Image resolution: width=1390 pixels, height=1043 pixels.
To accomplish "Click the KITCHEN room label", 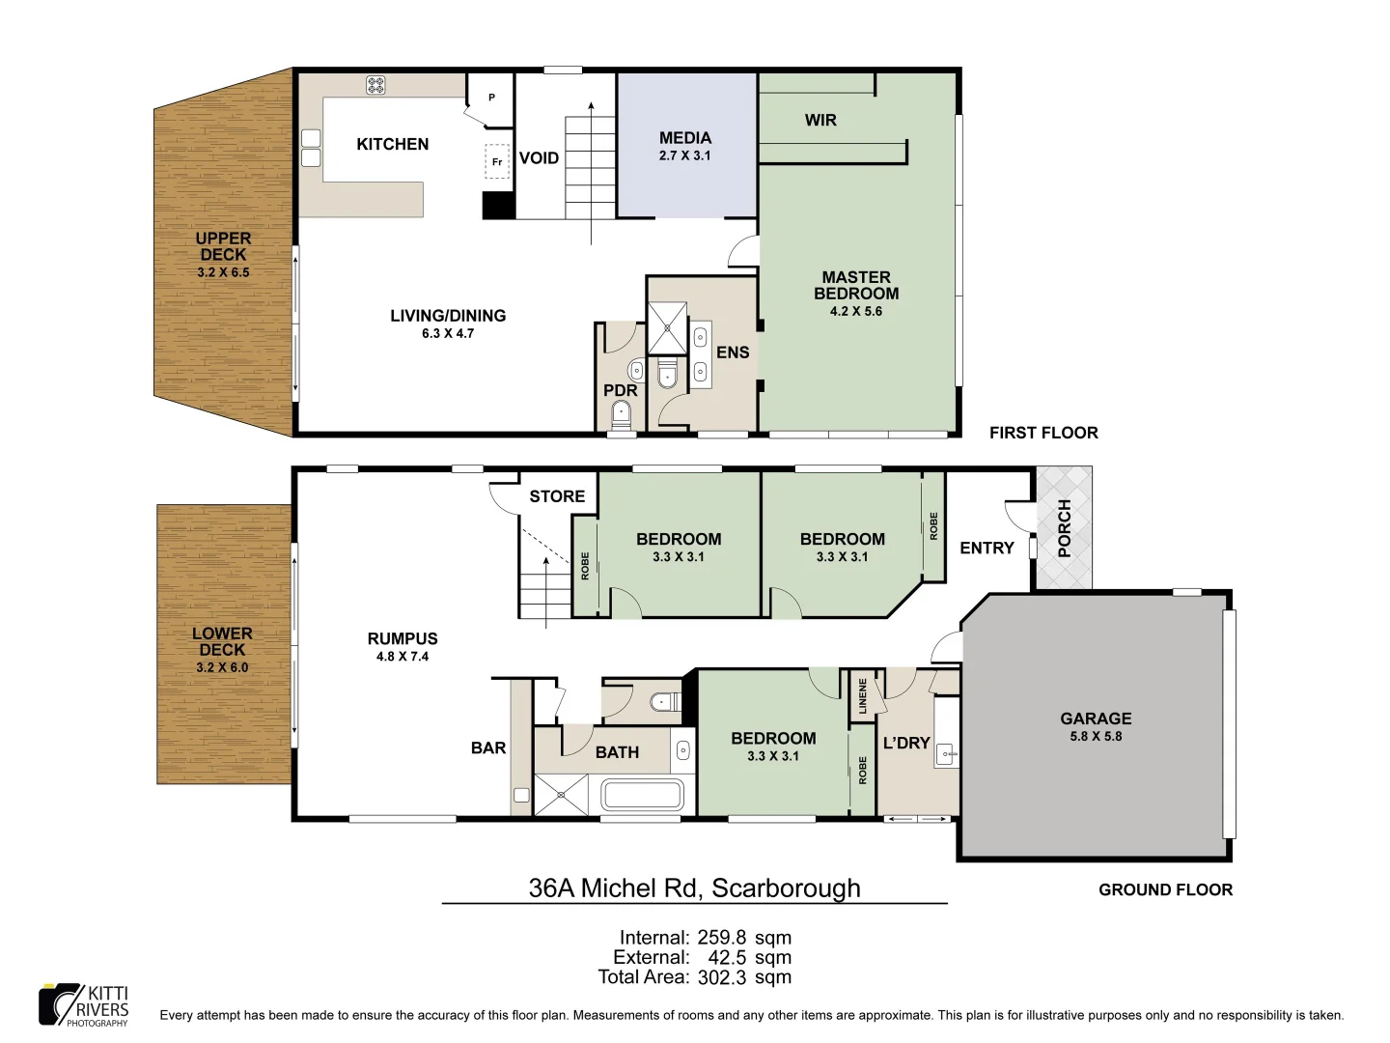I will [392, 144].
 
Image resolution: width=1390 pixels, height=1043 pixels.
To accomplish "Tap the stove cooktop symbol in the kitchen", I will [375, 87].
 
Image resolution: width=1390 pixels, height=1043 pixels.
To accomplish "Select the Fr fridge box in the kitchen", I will [496, 162].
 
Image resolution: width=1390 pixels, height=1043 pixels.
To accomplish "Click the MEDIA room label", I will [684, 138].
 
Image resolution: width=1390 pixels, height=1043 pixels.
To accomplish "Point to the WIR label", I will [820, 120].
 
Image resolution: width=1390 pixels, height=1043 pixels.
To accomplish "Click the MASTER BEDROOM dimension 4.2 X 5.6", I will [855, 311].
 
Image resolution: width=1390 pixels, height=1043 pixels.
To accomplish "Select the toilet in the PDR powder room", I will [621, 415].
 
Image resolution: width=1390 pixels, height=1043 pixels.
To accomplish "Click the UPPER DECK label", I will [223, 246].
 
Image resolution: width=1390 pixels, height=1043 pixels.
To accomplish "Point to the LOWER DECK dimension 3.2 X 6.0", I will [222, 667].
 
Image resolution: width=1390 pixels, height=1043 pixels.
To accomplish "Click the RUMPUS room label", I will [403, 638].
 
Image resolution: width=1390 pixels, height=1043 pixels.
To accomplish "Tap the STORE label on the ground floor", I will [557, 496].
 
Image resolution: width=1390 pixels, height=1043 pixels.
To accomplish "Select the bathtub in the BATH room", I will [642, 797].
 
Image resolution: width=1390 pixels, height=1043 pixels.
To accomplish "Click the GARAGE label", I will [1096, 719].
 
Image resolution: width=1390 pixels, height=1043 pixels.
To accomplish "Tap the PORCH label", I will [1064, 528].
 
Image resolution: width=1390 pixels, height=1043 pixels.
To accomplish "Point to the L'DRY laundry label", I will [906, 743].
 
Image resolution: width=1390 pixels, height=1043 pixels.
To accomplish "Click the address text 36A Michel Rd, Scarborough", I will [694, 888].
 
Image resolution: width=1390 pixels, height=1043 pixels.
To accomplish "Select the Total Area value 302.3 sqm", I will [742, 976].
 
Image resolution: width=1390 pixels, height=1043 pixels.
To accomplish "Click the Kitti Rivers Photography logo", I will [83, 1004].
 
